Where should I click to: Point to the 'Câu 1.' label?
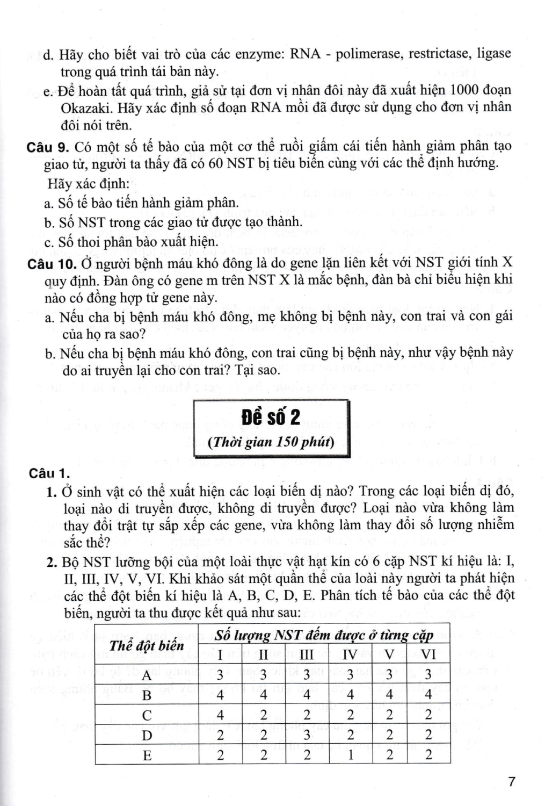(x=50, y=473)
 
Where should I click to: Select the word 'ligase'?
(x=490, y=54)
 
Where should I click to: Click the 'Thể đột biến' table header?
(x=146, y=645)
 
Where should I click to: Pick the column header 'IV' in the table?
(x=350, y=654)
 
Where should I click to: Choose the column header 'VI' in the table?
(x=428, y=654)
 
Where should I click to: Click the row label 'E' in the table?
(x=147, y=755)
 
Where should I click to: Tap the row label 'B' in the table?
(x=147, y=695)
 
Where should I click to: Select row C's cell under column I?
(x=220, y=715)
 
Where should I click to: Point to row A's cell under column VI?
(x=428, y=675)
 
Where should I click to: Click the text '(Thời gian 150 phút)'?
(x=271, y=442)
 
